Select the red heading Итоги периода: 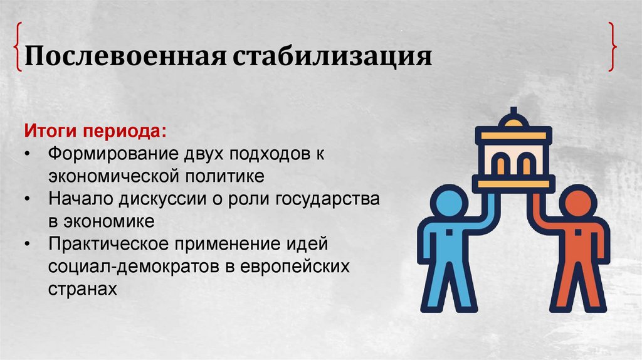pos(96,132)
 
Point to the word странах pos(82,289)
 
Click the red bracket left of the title pos(17,48)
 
